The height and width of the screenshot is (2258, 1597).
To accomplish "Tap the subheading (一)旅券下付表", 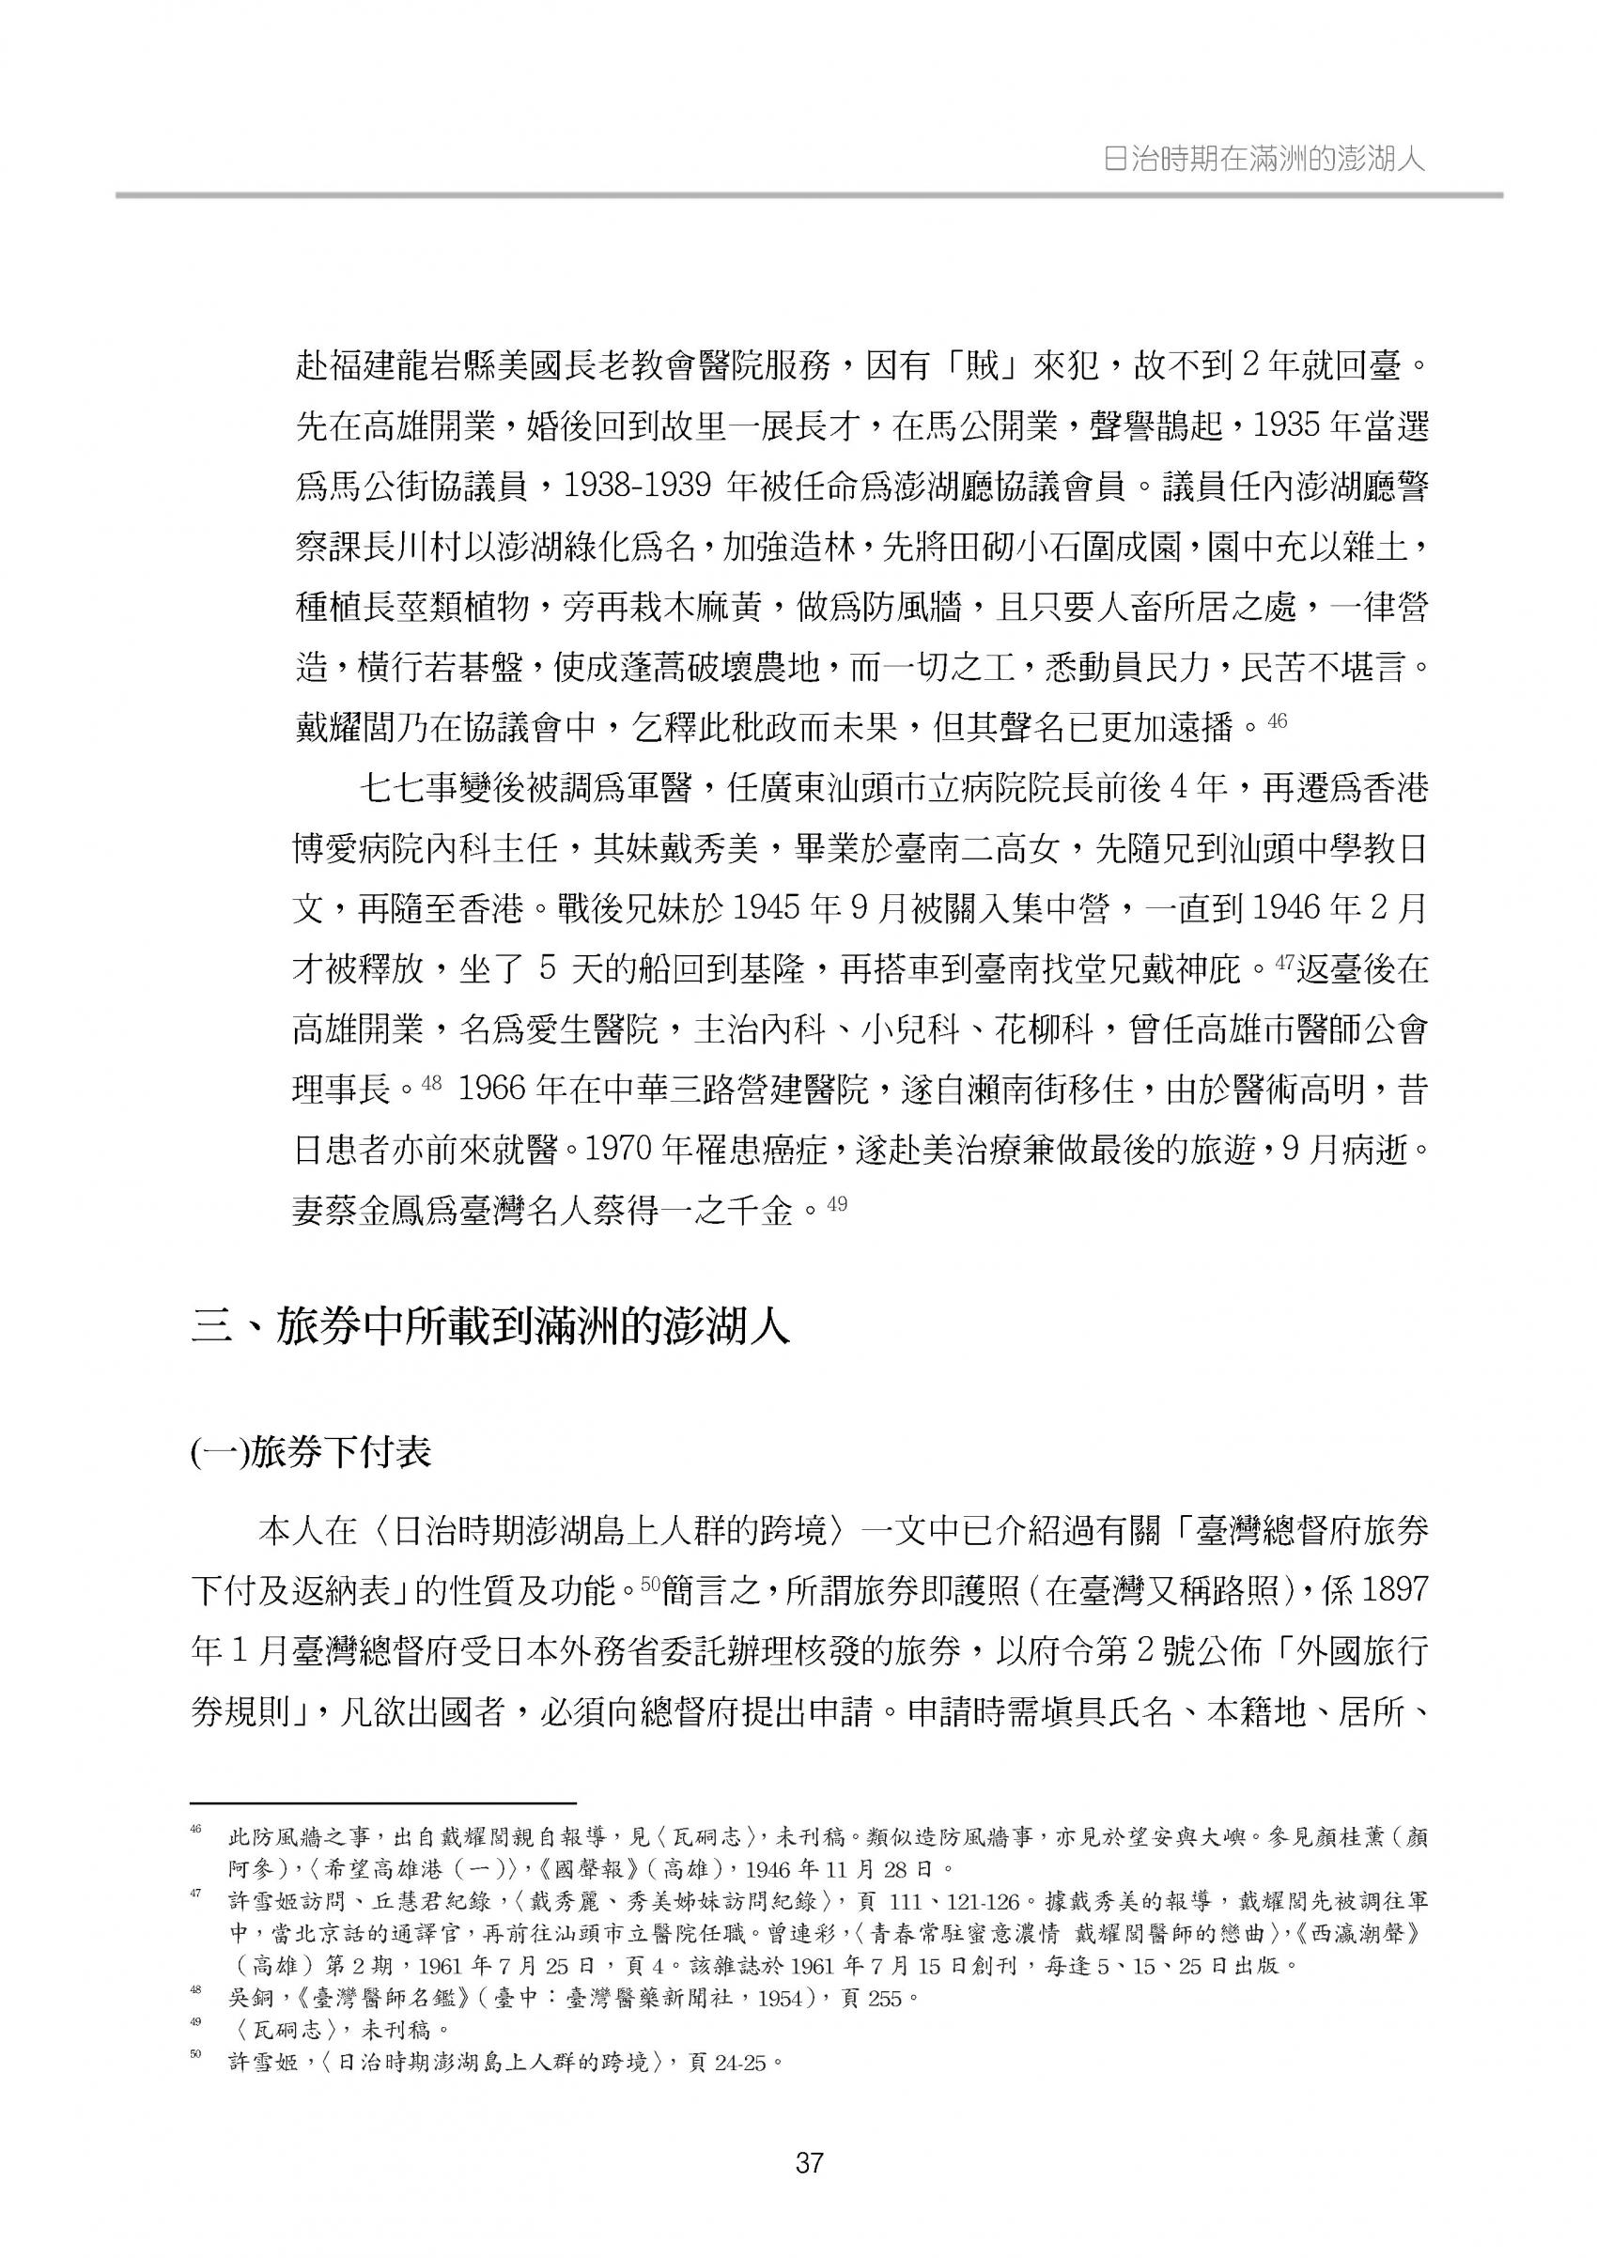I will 311,1451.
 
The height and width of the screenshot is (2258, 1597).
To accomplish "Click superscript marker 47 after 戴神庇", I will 1285,962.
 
